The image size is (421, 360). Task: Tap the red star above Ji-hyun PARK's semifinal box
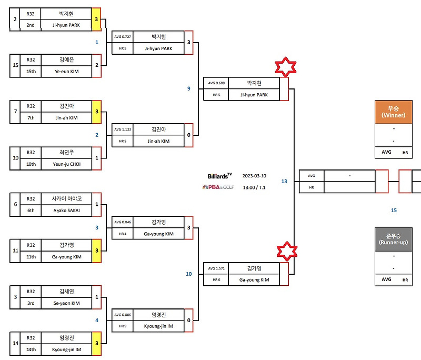285,68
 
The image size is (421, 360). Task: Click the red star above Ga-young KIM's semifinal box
285,251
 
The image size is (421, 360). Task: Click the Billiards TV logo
219,175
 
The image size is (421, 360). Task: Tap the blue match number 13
284,181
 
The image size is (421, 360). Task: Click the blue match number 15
394,210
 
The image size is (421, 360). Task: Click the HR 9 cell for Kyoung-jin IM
122,326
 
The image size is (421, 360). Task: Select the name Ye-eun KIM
66,71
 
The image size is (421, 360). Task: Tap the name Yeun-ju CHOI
66,164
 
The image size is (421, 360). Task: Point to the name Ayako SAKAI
66,211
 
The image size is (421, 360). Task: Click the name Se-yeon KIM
66,303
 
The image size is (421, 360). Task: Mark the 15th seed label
31,71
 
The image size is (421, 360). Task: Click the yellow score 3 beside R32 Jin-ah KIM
96,112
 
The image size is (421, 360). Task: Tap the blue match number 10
188,274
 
